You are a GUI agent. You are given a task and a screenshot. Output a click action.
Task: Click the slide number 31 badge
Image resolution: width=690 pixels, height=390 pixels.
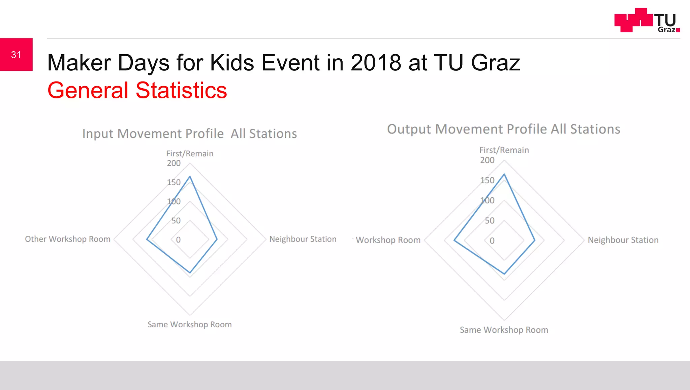pos(16,55)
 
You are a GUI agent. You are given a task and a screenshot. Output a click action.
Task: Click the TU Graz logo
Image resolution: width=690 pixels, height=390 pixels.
pos(647,20)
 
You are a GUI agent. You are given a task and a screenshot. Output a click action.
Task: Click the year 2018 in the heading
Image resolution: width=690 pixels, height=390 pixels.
pos(376,63)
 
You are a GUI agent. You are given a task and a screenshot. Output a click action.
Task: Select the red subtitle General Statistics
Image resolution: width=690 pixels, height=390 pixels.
pos(137,90)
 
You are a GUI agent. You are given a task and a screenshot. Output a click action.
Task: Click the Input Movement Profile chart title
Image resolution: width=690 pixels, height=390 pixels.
pos(189,134)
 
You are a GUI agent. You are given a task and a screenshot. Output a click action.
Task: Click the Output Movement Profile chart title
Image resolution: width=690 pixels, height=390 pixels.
pos(503,129)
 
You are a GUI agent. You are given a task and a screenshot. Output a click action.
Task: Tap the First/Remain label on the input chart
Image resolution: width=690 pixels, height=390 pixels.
pos(190,154)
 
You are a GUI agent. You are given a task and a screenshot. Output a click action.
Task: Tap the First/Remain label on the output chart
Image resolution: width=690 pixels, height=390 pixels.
pos(504,150)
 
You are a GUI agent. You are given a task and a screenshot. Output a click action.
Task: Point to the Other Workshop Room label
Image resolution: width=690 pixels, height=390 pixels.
pos(67,239)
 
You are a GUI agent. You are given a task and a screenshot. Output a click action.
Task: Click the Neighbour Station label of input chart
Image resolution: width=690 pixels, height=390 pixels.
pos(303,239)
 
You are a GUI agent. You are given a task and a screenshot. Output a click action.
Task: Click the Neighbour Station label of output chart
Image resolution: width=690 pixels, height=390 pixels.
pos(623,240)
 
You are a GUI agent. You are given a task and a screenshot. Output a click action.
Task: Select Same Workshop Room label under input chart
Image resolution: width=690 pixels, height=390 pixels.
pos(189,325)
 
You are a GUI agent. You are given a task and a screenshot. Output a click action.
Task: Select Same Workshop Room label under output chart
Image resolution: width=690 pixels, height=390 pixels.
pos(504,330)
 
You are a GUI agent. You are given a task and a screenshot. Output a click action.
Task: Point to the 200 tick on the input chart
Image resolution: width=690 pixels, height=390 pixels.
pos(174,163)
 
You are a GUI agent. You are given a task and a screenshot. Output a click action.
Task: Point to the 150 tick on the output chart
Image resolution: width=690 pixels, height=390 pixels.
pos(487,181)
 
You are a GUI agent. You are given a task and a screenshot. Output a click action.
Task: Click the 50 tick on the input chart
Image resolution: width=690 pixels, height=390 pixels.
pos(176,221)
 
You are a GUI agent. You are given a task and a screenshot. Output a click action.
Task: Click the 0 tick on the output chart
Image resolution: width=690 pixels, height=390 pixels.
pos(492,241)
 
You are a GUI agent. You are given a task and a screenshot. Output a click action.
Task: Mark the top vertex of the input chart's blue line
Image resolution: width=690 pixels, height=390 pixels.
pos(190,176)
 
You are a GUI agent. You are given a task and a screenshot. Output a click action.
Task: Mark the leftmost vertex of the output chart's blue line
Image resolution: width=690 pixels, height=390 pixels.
pos(454,240)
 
